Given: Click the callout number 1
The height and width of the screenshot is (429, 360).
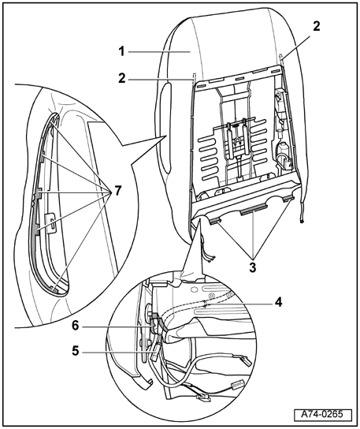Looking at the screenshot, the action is (x=121, y=51).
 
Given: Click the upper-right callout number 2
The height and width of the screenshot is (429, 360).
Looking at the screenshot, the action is (x=316, y=27).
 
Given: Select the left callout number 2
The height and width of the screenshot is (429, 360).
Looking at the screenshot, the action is (x=122, y=79).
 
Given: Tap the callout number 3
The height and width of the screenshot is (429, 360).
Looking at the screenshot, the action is (x=253, y=267).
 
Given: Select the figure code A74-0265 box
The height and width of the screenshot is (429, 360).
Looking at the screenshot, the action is (x=323, y=414).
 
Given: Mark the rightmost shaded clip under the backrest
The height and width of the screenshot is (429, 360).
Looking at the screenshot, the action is (x=288, y=199).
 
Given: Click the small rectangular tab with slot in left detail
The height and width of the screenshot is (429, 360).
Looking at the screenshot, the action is (x=51, y=222).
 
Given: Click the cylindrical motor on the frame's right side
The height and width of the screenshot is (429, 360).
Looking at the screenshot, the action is (x=283, y=150).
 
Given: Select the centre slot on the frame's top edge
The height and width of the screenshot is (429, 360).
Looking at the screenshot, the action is (x=239, y=79).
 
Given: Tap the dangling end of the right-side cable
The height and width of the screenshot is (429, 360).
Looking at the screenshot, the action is (x=302, y=221).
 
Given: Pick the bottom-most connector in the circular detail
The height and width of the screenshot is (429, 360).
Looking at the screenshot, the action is (x=202, y=397).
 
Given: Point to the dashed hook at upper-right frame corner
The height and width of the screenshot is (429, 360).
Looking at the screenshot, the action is (x=281, y=59).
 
